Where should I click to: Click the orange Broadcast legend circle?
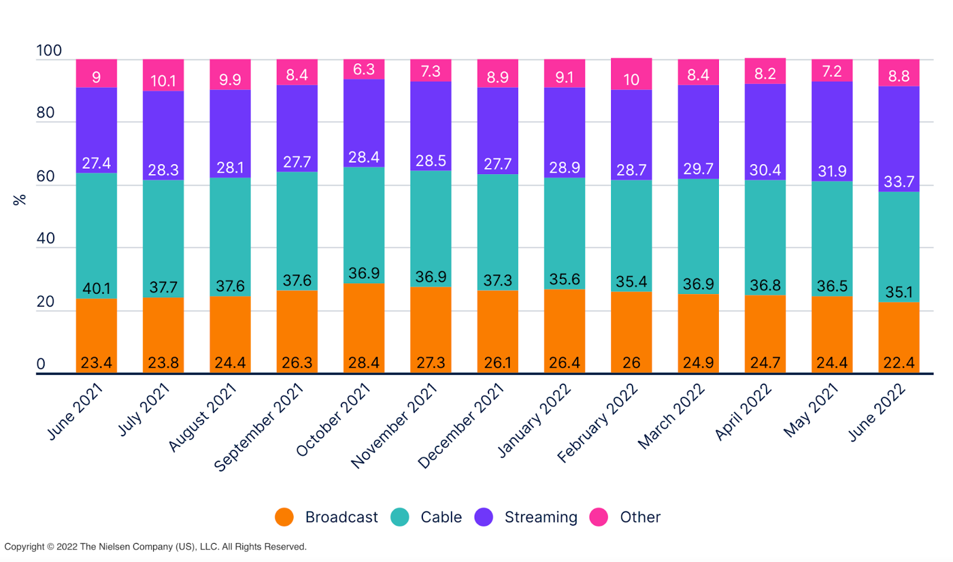coord(284,517)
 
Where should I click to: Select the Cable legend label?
coord(441,517)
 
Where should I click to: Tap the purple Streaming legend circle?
coord(484,517)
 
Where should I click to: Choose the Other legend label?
coord(640,517)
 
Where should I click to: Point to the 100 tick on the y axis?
coord(49,51)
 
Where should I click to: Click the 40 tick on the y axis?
coord(46,238)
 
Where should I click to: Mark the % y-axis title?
coord(20,200)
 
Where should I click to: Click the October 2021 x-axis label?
coord(334,420)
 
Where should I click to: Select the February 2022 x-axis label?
coord(597,423)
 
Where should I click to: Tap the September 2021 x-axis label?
coord(259,427)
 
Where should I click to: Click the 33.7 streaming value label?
coord(899,182)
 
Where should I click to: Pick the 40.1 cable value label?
coord(96,288)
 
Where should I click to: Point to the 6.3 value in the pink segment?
coord(364,70)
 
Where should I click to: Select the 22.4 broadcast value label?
coord(899,362)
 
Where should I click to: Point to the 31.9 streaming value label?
coord(832,172)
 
